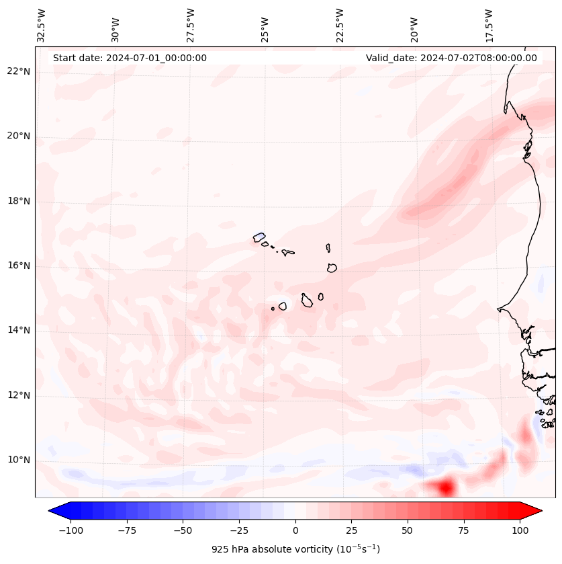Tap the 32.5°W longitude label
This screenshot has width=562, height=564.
click(42, 25)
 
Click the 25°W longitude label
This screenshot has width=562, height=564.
click(265, 25)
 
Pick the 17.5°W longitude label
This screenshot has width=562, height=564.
click(489, 25)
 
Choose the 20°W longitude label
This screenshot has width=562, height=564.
click(414, 25)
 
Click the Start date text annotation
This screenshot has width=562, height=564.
click(130, 58)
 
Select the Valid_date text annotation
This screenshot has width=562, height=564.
click(451, 58)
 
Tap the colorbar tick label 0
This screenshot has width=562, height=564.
click(295, 530)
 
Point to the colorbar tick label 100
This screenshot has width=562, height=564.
click(520, 530)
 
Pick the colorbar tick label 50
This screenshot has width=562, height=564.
click(408, 530)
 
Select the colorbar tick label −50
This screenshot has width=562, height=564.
click(183, 530)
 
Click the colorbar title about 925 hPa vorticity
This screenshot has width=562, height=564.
click(295, 549)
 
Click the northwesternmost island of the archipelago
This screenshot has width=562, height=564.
click(259, 237)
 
